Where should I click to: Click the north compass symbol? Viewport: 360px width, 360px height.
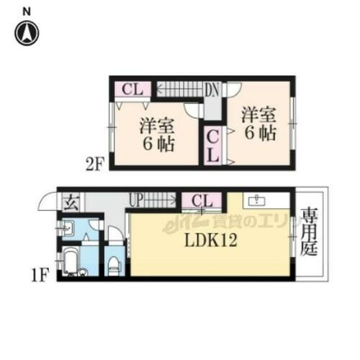[27, 32]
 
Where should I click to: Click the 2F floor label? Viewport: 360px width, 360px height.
[96, 163]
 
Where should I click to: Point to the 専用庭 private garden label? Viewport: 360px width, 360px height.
[308, 233]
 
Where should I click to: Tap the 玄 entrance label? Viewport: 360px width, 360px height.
[71, 202]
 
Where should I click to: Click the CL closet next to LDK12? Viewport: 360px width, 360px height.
[202, 200]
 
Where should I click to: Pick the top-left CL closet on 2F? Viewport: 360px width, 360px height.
[132, 89]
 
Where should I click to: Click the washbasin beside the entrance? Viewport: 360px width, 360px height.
[66, 230]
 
